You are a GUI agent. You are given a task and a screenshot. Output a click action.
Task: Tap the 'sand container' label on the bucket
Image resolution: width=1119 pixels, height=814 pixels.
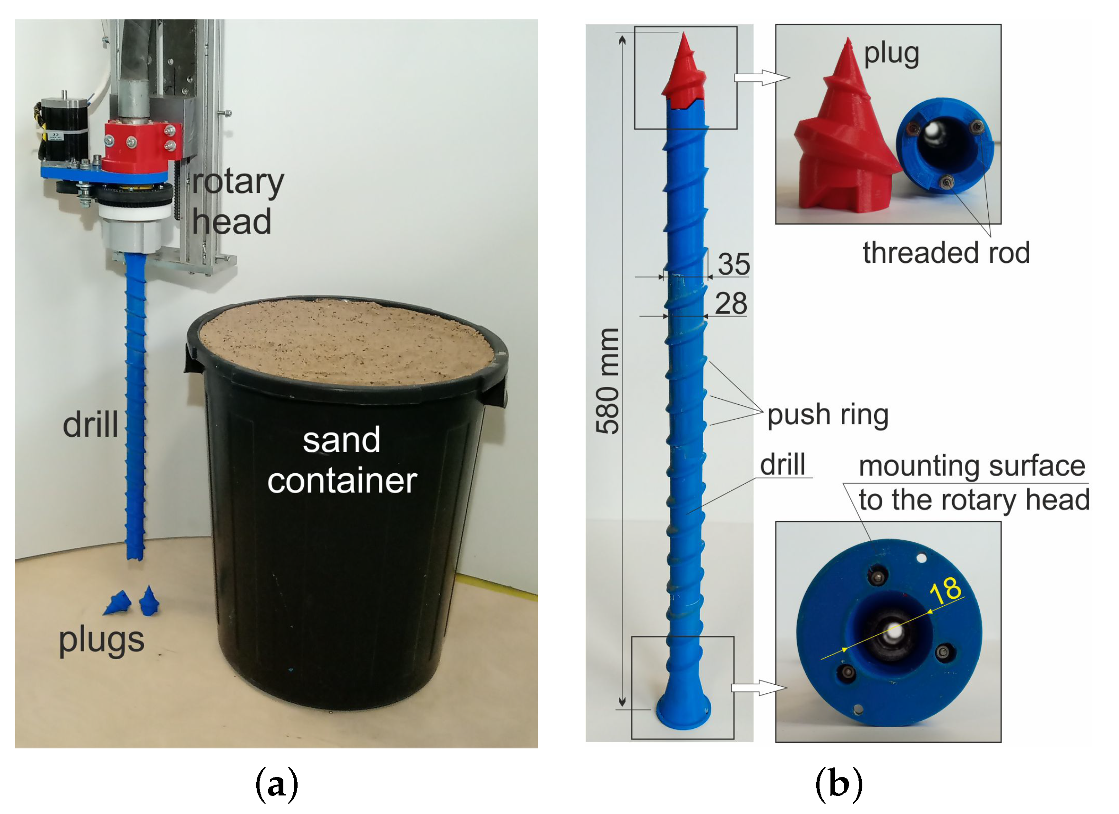pos(342,461)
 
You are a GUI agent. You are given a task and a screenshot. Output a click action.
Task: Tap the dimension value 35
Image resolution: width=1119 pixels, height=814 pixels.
pos(734,265)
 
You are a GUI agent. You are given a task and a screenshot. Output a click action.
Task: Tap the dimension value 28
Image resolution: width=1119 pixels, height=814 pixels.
pos(731,304)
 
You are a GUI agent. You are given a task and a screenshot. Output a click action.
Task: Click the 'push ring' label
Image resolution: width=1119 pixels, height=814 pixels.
pos(828,415)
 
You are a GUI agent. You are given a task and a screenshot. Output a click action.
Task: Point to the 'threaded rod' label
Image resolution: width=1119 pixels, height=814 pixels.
pos(946,254)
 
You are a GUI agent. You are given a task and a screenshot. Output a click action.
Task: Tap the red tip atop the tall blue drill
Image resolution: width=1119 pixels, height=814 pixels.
pos(685,74)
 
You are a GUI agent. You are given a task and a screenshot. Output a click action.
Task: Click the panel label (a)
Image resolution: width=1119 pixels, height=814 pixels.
pos(277,785)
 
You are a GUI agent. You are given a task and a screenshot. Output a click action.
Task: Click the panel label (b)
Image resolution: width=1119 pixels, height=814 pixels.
pos(839,785)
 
